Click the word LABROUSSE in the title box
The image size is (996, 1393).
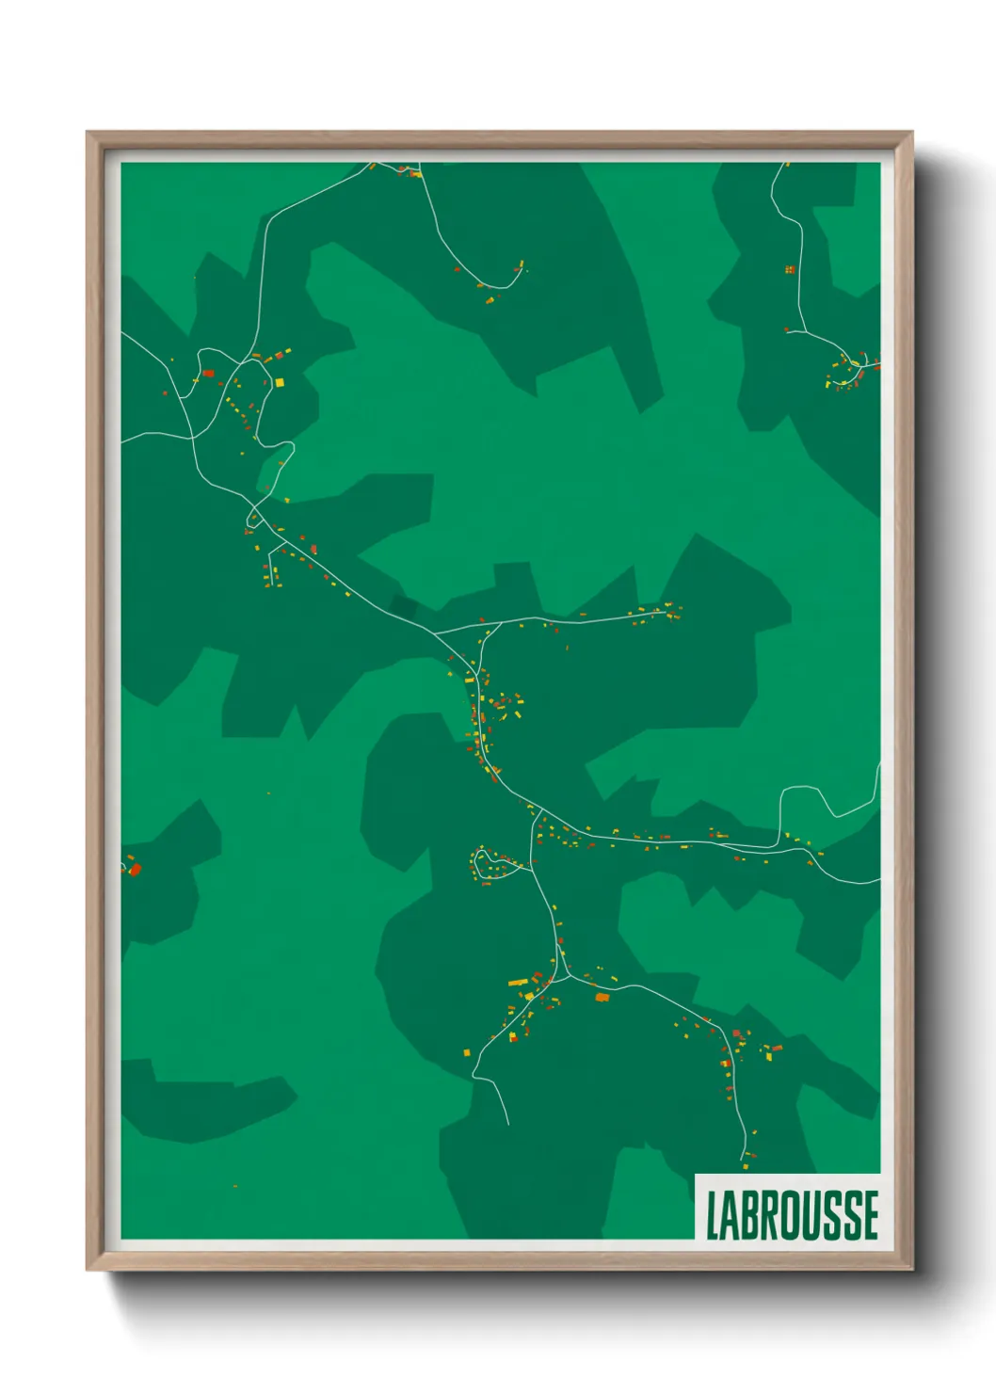(792, 1215)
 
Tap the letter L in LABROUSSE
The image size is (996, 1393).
(713, 1215)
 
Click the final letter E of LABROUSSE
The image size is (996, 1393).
(871, 1215)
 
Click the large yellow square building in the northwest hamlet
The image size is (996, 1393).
(279, 382)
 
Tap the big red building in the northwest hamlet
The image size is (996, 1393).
(209, 374)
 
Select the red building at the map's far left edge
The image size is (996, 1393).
(134, 869)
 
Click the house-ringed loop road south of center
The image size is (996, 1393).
(489, 864)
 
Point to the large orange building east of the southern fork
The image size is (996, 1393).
(602, 997)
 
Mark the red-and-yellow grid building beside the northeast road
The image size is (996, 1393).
(791, 270)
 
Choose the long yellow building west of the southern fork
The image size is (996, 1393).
(518, 983)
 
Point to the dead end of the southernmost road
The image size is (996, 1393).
(508, 1124)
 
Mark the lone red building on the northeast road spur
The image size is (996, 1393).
(788, 328)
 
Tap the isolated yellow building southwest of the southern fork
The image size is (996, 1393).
(466, 1051)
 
